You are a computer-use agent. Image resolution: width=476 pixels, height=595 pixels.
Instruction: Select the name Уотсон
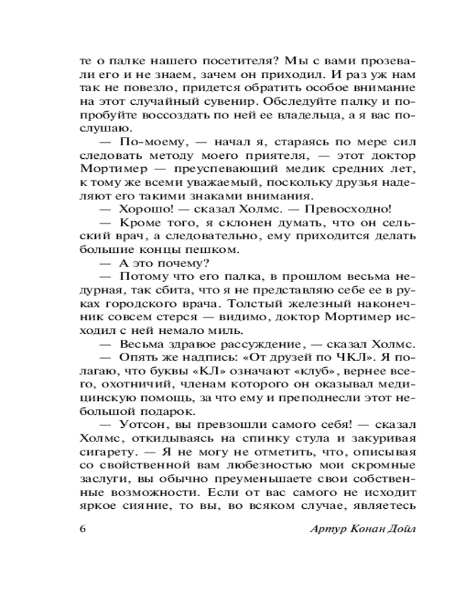coord(141,426)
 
